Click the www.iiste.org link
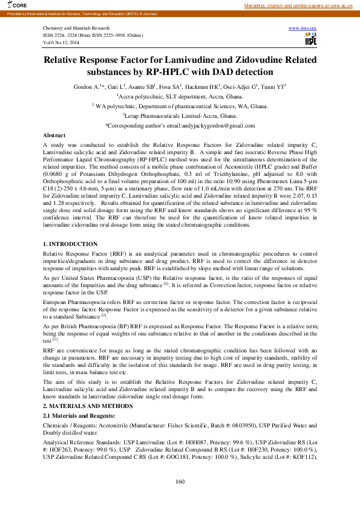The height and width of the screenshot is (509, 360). [x=303, y=28]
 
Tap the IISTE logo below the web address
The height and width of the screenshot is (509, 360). [x=310, y=39]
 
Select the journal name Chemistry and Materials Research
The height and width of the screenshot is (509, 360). [x=76, y=28]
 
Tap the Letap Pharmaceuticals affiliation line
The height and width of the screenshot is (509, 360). [x=180, y=115]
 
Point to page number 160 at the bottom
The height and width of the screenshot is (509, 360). [x=180, y=482]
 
